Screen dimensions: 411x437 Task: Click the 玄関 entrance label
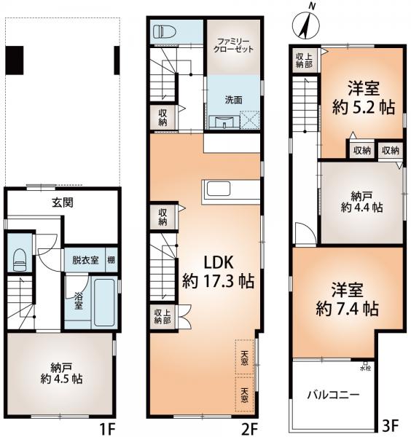point(63,202)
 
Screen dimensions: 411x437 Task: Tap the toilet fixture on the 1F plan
point(20,259)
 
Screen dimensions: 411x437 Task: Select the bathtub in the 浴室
point(104,302)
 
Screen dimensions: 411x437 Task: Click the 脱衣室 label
point(85,260)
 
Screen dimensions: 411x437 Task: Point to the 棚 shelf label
point(111,260)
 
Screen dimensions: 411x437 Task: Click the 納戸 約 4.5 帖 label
point(61,374)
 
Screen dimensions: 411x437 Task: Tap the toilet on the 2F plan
point(165,31)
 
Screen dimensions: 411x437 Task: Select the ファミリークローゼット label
point(233,45)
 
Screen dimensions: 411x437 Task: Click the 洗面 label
point(233,100)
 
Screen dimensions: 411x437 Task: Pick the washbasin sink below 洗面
point(224,122)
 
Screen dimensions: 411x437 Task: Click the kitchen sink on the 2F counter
point(218,189)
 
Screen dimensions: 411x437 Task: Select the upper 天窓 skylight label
point(244,358)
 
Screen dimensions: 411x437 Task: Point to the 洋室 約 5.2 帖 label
point(364,98)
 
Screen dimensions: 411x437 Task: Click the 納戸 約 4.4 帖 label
point(361,202)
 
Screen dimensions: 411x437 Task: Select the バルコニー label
point(333,395)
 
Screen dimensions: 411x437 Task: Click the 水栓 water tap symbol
point(365,363)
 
